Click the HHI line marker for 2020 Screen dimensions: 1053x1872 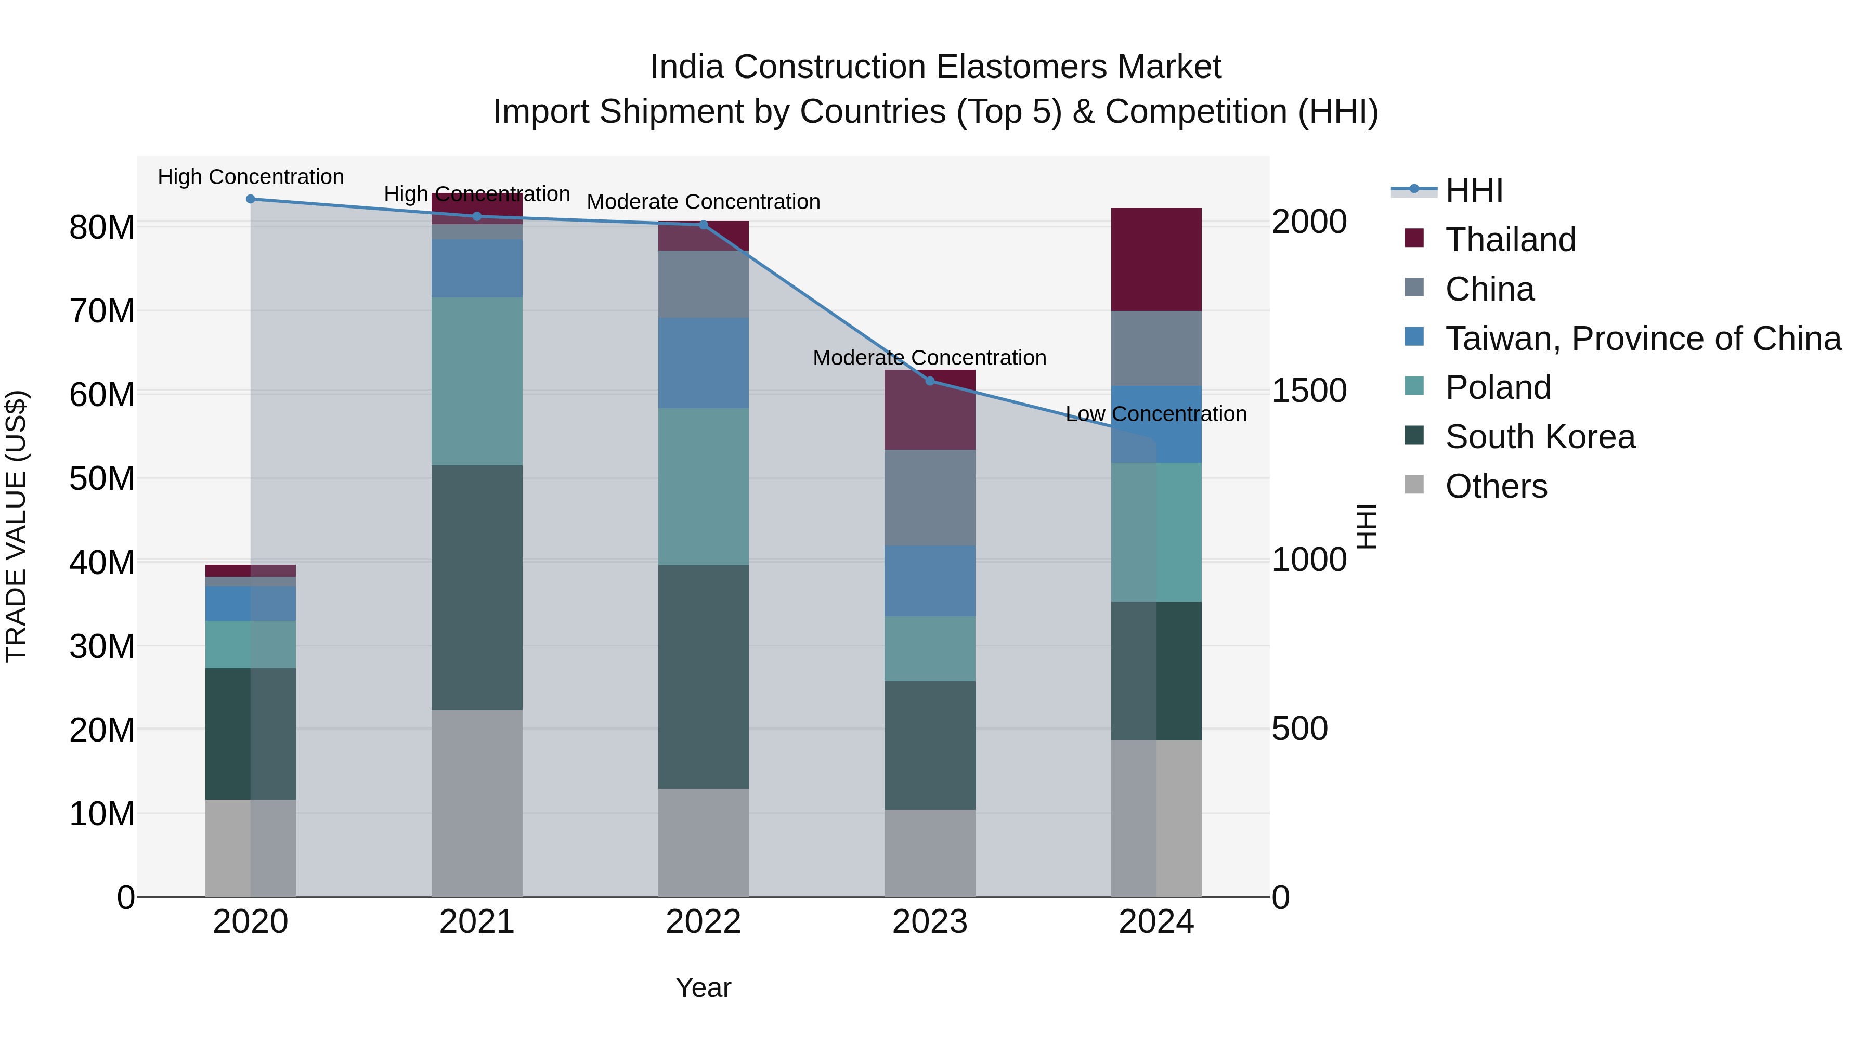(250, 199)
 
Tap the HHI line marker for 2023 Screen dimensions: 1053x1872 (929, 381)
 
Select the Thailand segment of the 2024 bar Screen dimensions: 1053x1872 (1156, 259)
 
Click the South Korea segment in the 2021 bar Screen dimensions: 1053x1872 (477, 588)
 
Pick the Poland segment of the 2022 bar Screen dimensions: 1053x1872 (704, 487)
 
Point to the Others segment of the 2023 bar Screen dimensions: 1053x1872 (929, 853)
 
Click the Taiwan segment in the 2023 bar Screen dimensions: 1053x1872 (929, 581)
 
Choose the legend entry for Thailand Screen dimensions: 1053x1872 (1510, 240)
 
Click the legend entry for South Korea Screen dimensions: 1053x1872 (1539, 437)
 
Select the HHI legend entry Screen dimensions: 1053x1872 (1473, 190)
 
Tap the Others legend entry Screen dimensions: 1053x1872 (1496, 486)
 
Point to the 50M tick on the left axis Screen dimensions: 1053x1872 (102, 478)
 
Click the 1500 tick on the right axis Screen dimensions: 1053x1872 (1309, 391)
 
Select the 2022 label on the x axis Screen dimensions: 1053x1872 (704, 922)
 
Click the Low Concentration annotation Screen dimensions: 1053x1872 (1155, 414)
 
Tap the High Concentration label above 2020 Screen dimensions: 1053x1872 (251, 177)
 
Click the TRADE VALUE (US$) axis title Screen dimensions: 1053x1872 (16, 526)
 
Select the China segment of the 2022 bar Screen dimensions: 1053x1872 (704, 284)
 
